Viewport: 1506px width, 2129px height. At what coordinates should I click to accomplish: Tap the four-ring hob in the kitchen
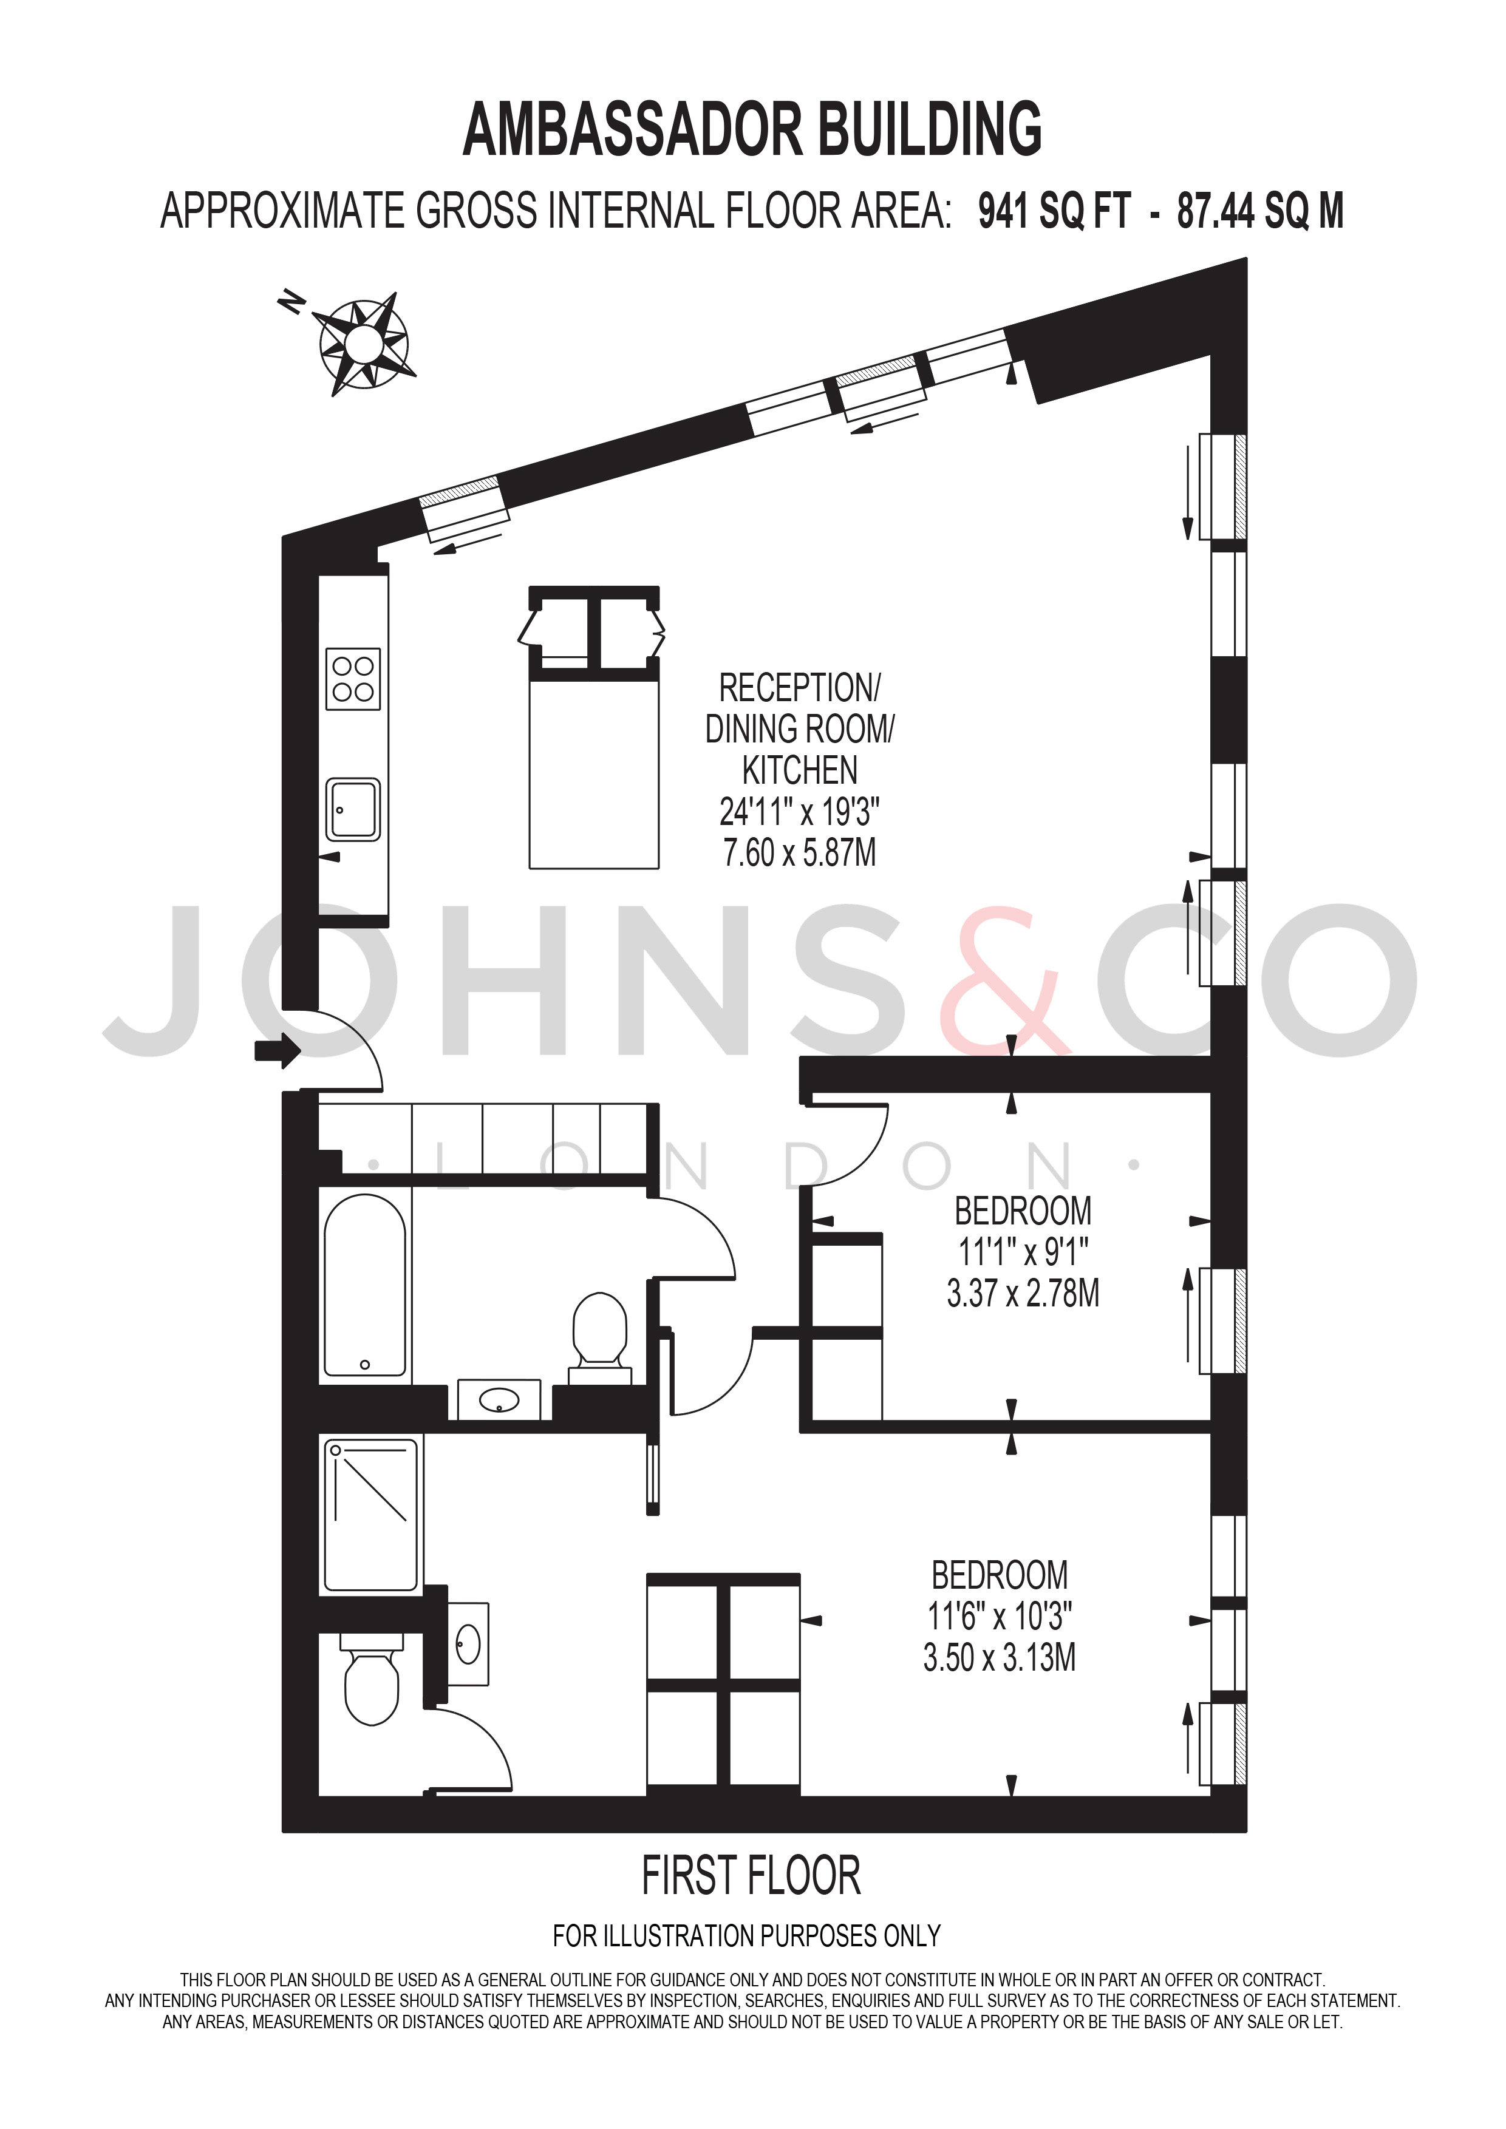tap(353, 679)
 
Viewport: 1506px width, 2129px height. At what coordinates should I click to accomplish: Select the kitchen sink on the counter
tap(353, 809)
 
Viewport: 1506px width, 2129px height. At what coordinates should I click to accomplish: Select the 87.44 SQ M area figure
tap(1260, 211)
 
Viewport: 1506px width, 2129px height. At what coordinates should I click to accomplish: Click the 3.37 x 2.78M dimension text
tap(1023, 1292)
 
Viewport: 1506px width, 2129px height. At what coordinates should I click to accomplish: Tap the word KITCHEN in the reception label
tap(799, 770)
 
